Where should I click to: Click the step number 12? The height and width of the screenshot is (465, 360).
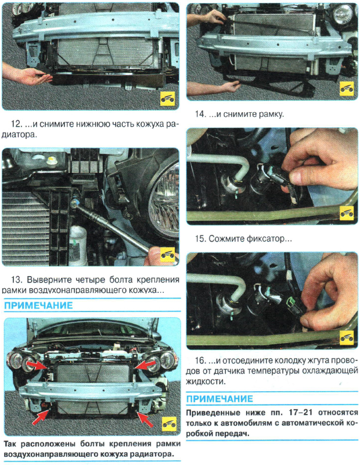[16, 124]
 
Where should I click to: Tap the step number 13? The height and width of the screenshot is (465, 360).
[16, 280]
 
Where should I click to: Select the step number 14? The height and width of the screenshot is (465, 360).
[200, 114]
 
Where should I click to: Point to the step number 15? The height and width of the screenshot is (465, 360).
[200, 239]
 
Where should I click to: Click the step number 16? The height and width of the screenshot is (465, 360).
[200, 360]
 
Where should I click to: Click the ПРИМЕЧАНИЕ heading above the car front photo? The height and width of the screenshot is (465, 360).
[38, 306]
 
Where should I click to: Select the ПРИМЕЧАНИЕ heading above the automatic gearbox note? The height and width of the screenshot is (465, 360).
[219, 399]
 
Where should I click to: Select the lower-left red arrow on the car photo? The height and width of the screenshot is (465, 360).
[41, 417]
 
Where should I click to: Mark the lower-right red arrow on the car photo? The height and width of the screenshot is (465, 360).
[145, 418]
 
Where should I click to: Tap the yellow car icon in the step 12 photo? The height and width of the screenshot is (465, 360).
[167, 99]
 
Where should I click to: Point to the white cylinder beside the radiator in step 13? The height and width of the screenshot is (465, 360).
[78, 245]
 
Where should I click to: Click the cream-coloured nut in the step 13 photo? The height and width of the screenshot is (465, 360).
[52, 162]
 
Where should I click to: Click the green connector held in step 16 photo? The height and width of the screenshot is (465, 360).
[293, 306]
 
